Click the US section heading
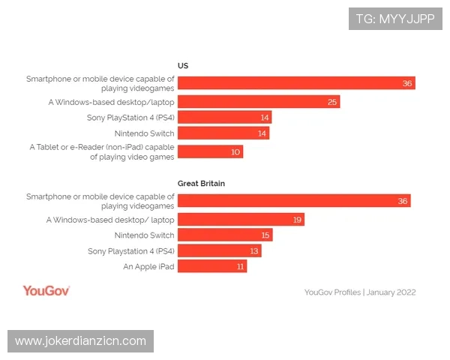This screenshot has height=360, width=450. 182,66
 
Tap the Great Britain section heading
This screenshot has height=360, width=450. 201,183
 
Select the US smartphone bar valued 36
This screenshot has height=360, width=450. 296,82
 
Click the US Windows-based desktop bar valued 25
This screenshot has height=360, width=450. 259,101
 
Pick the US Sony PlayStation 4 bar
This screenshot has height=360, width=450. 224,117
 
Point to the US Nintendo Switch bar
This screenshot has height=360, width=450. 223,133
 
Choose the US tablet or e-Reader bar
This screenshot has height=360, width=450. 210,151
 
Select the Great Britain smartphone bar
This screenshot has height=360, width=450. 294,200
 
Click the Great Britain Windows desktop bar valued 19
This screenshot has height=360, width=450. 241,220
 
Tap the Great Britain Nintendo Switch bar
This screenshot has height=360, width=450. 224,235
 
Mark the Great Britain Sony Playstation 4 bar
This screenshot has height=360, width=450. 219,251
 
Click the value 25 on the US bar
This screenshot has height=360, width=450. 332,101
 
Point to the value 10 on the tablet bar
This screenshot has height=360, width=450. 235,151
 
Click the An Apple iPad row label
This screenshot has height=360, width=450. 148,266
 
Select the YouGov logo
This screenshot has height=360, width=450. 46,291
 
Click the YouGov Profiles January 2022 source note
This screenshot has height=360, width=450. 360,292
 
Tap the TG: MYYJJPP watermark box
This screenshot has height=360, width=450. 394,18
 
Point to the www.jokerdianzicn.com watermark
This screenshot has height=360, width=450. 81,341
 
